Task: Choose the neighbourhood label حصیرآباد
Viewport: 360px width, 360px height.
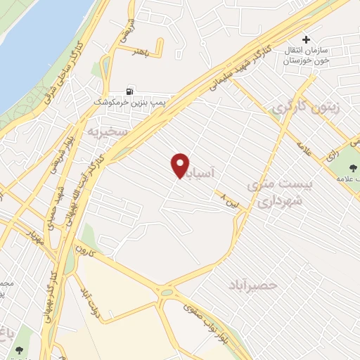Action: pos(254,285)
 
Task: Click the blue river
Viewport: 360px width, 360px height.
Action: pos(35,42)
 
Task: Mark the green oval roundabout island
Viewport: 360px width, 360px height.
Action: pos(166,292)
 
